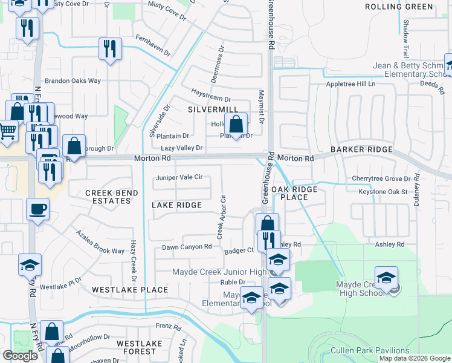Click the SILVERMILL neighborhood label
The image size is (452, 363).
point(208,110)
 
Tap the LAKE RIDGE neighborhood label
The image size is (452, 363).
point(176,205)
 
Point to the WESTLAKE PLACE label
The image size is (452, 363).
point(130,290)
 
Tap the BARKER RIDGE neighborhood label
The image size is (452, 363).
point(362,149)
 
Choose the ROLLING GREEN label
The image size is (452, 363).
point(399,7)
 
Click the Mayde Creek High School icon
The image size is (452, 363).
point(386,278)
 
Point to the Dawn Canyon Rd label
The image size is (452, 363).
point(187,247)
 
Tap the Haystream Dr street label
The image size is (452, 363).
point(211,99)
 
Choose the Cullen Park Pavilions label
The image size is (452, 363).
point(369,350)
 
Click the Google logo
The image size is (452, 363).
point(20,356)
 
